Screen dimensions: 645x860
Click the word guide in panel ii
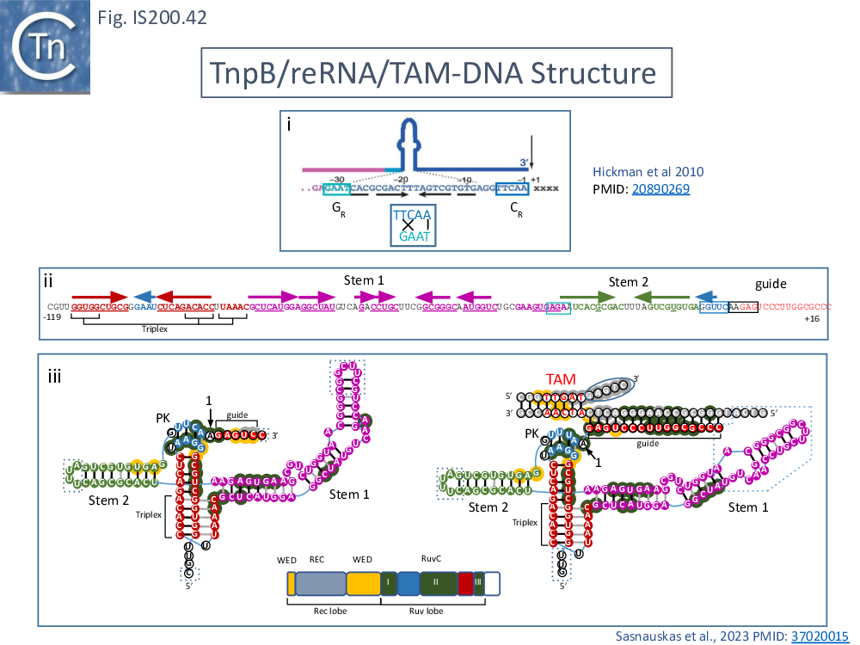pos(771,283)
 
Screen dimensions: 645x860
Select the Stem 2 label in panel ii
pos(629,281)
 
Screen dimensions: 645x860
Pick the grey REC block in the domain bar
pos(321,584)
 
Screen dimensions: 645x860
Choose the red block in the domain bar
pos(466,584)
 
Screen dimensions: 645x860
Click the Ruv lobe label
pos(428,611)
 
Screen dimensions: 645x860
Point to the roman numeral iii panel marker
pos(53,375)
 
